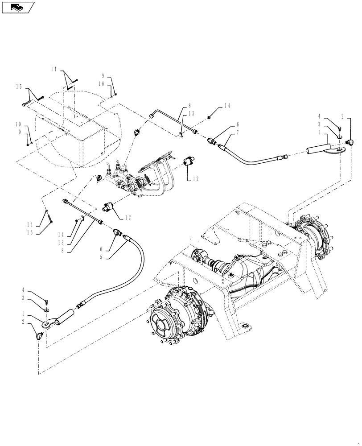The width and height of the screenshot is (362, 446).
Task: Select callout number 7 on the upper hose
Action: [238, 132]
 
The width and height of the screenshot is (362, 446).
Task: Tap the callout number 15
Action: [19, 86]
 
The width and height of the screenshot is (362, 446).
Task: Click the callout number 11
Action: [54, 70]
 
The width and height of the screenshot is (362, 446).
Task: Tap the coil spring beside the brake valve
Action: [145, 178]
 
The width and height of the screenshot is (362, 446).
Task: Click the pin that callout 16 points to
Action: [49, 216]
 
